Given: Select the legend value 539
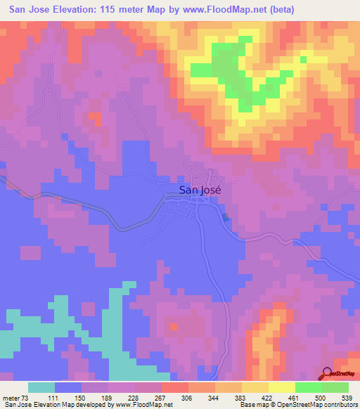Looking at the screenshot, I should point(346,397).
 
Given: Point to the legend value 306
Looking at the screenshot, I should point(188,397).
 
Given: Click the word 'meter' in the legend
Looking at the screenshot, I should point(12,397).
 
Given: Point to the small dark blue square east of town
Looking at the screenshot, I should point(226,216).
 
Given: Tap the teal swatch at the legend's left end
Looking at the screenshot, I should point(41,387).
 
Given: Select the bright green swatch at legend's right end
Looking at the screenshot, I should point(335,387).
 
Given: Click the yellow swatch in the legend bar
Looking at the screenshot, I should point(282,387).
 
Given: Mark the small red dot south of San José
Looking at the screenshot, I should point(173,326).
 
